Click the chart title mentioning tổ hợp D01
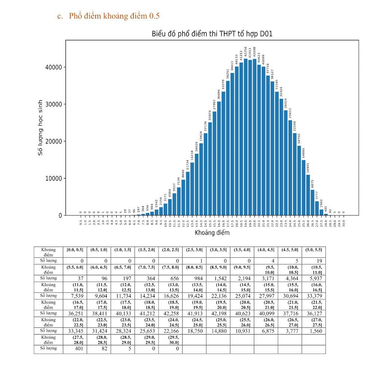click(212, 34)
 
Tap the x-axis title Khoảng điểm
click(212, 233)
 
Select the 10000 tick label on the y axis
click(53, 178)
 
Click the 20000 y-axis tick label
click(53, 141)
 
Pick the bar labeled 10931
click(308, 195)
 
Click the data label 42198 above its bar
click(255, 53)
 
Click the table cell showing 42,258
click(170, 313)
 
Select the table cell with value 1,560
click(313, 331)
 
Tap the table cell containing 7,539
click(75, 295)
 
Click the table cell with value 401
click(75, 348)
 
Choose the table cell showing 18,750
click(194, 331)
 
